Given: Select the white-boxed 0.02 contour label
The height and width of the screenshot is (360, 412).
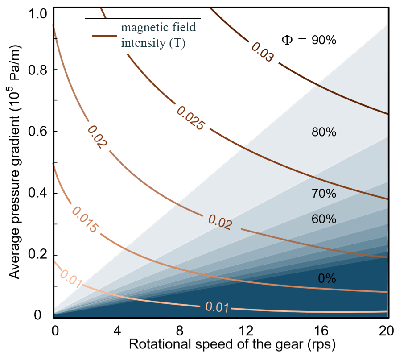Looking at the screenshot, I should point(97,137).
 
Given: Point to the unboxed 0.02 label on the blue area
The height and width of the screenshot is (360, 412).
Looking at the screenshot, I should point(220,222).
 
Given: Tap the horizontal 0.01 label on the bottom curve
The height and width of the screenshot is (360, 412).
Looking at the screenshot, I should point(217,307).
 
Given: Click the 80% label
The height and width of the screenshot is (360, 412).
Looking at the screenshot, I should point(324,132).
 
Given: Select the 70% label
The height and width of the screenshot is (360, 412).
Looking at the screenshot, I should point(324,194).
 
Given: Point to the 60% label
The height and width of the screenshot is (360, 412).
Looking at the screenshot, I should point(324,219).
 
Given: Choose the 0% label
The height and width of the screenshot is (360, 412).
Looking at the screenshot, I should point(327,279).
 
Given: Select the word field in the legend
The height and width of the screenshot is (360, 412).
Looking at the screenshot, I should point(184,28).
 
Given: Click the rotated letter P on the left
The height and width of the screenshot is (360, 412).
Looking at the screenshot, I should point(14,77).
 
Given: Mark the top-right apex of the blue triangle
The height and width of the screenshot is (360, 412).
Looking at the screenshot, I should point(387,26).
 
